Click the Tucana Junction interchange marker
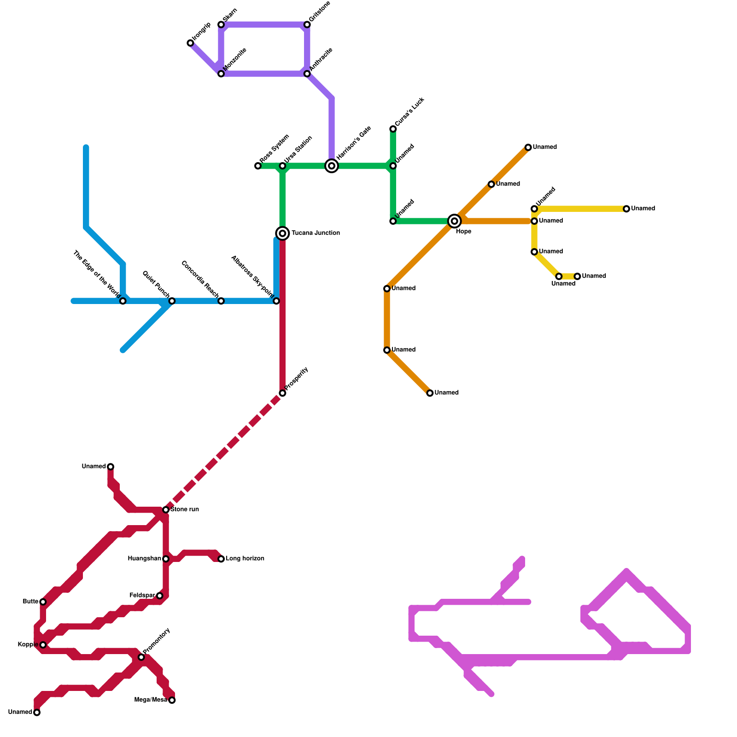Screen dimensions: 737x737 [x=282, y=234]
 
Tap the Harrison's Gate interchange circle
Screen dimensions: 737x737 [x=332, y=166]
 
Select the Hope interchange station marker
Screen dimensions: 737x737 [x=455, y=221]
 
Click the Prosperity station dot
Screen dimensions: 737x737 [x=282, y=393]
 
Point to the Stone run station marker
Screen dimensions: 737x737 [x=166, y=510]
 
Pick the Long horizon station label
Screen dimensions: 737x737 [x=245, y=559]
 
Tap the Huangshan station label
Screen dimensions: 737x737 [x=144, y=559]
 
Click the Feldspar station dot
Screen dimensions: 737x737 [x=160, y=596]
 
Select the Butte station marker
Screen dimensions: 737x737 [x=43, y=602]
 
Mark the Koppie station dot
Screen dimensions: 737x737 [x=43, y=645]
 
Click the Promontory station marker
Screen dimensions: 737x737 [x=141, y=657]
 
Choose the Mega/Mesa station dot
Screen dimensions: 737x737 [x=172, y=700]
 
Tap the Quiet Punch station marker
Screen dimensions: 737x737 [x=172, y=301]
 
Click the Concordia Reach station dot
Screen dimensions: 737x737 [x=221, y=301]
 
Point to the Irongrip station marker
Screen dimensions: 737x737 [x=190, y=43]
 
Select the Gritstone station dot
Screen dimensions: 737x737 [x=307, y=24]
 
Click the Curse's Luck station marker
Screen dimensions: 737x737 [x=393, y=129]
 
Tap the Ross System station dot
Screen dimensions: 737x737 [x=258, y=166]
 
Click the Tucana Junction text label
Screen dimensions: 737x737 [x=316, y=233]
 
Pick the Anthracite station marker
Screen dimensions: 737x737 [x=307, y=74]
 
